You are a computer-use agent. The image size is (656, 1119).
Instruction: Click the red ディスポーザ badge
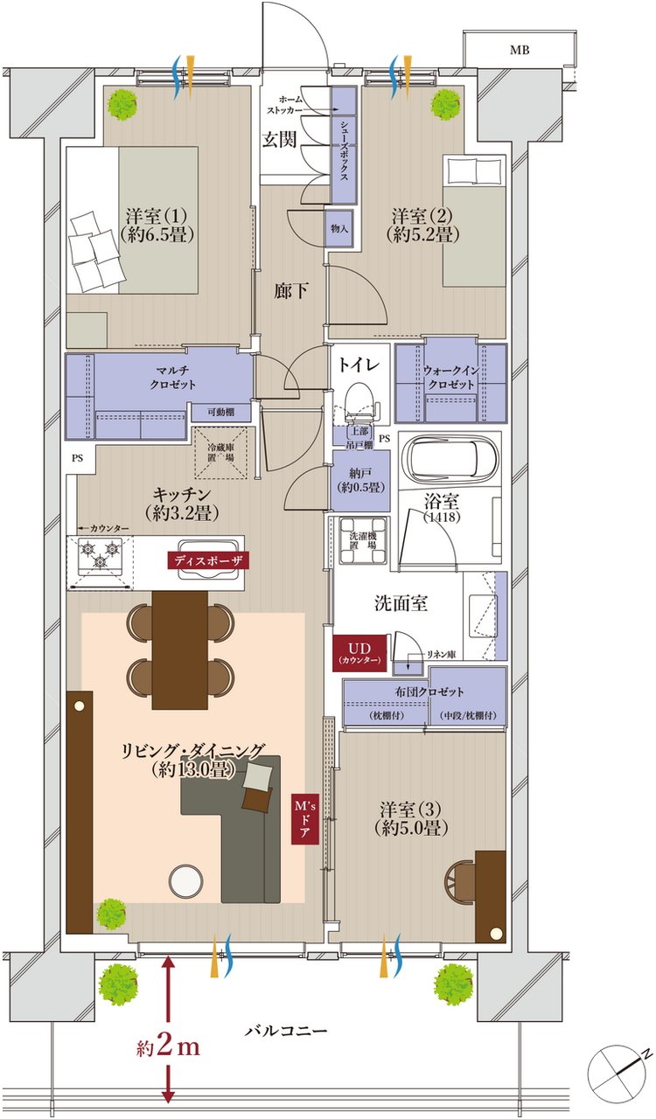click(207, 560)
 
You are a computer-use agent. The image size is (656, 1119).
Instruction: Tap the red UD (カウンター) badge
click(359, 653)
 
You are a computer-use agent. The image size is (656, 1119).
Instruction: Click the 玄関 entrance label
click(280, 140)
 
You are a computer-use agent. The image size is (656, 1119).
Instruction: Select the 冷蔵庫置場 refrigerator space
click(221, 453)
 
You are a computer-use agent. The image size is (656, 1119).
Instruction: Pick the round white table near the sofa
click(186, 881)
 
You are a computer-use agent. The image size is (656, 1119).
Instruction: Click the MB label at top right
click(520, 51)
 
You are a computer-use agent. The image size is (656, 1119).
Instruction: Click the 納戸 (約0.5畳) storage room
click(362, 481)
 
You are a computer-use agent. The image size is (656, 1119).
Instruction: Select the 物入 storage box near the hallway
click(339, 228)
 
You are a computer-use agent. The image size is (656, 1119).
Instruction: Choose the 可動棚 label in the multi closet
click(221, 413)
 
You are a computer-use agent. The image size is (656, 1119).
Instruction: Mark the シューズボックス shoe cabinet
click(344, 145)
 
